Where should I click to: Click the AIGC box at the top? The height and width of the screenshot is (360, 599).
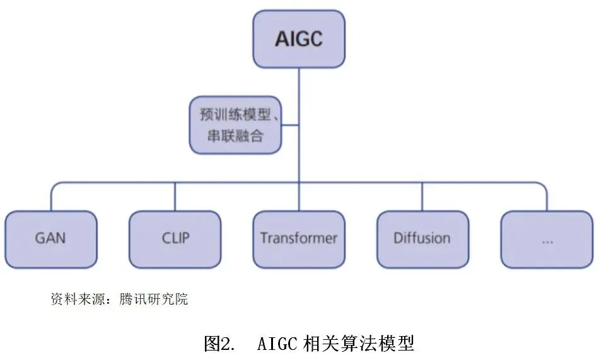click(x=299, y=39)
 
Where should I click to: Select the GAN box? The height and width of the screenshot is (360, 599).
click(x=51, y=239)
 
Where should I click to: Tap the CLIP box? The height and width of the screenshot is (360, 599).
click(x=175, y=239)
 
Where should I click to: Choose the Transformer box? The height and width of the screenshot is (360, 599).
click(x=299, y=239)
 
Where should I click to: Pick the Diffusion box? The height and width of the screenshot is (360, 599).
click(x=422, y=239)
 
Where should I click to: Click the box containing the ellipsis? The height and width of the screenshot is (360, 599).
click(x=547, y=239)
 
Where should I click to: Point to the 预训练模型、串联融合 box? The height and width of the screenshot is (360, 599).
click(x=235, y=125)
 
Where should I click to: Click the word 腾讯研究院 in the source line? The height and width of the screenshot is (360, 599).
click(x=154, y=299)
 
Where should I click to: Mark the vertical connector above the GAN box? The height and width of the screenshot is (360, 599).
click(x=51, y=198)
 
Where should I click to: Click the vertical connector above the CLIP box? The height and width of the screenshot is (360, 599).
click(x=175, y=197)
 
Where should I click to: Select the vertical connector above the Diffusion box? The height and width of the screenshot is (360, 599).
click(x=422, y=197)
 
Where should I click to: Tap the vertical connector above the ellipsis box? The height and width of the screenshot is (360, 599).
click(x=547, y=198)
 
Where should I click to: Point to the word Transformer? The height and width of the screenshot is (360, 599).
click(x=299, y=238)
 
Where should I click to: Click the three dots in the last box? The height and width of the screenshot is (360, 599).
click(x=547, y=241)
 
